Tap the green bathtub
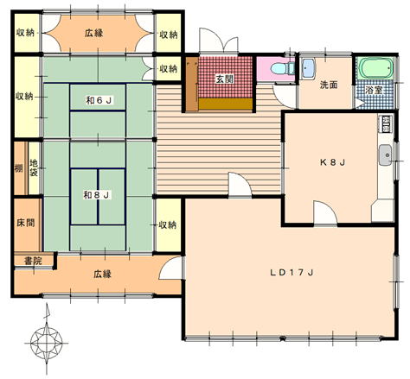(375, 68)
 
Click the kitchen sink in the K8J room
(385, 155)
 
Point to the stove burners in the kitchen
(385, 123)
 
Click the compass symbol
(47, 343)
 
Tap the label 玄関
(225, 79)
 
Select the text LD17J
(291, 273)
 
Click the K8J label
(332, 162)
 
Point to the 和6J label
(99, 100)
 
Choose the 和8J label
(96, 195)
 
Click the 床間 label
(26, 223)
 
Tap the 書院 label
(33, 262)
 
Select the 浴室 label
(374, 90)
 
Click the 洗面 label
(329, 85)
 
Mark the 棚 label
(19, 168)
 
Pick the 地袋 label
(34, 168)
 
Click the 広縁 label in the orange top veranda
(94, 33)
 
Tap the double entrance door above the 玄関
(219, 41)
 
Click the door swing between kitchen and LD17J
(325, 212)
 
